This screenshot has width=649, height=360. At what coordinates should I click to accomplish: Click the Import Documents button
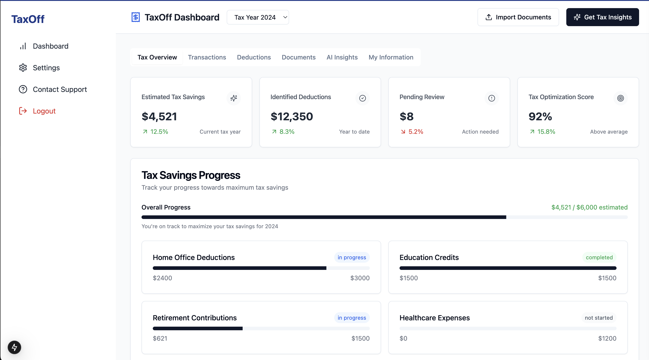click(518, 17)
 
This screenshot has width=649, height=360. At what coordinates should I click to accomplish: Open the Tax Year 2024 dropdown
click(258, 17)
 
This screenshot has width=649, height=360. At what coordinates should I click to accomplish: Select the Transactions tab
click(207, 57)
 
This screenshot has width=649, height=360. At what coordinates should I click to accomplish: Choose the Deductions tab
click(254, 57)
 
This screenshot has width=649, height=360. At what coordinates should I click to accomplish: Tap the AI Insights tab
click(342, 57)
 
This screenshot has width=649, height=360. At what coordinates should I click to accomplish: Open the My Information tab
click(391, 57)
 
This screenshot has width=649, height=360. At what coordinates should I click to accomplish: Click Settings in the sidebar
click(46, 68)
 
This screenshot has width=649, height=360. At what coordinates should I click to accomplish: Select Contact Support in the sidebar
click(60, 89)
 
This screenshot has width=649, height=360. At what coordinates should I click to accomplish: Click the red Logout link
click(44, 111)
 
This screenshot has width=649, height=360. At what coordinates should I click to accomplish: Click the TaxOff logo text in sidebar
click(28, 19)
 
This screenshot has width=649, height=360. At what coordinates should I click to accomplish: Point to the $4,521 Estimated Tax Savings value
click(159, 116)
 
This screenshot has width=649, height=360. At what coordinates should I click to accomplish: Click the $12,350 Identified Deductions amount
click(292, 116)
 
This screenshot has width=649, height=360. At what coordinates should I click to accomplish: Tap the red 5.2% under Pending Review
click(416, 132)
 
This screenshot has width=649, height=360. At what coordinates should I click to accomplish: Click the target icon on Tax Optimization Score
click(620, 98)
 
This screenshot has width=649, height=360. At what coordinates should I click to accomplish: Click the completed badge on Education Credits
click(599, 257)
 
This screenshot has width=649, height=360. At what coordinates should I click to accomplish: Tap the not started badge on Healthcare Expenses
click(599, 318)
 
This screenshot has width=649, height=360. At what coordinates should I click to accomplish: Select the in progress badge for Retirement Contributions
click(352, 318)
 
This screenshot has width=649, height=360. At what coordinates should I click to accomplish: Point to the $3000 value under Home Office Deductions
click(360, 278)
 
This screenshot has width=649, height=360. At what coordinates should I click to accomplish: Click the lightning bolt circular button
click(14, 347)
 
